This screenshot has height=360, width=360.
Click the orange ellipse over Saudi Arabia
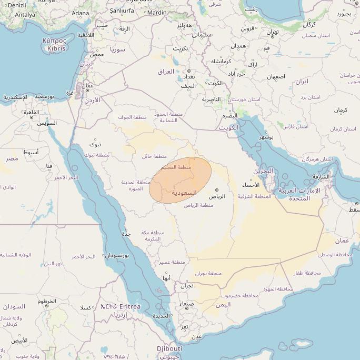pos(181,179)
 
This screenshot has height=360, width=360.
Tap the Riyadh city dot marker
pos(216,190)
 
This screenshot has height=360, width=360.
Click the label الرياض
pos(216,196)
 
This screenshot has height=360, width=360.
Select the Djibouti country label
pos(169,348)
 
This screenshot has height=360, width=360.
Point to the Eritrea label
pos(130,306)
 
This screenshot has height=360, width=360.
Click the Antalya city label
pos(25,15)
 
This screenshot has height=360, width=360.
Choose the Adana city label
pos(81,13)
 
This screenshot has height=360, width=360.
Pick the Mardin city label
pos(157,12)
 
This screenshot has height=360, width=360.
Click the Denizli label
pos(17,5)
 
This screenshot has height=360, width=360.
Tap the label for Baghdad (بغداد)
pos(188,77)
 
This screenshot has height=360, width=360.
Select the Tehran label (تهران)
pos(273,32)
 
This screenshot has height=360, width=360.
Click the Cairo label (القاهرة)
pos(31,112)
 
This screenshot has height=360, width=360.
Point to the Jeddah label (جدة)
pos(126,233)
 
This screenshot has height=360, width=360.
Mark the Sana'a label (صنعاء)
pos(187,304)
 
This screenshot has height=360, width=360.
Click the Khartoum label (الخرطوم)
pos(47,302)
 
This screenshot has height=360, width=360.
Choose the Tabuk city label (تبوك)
pos(95,144)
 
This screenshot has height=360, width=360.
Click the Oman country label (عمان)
pos(342,241)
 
